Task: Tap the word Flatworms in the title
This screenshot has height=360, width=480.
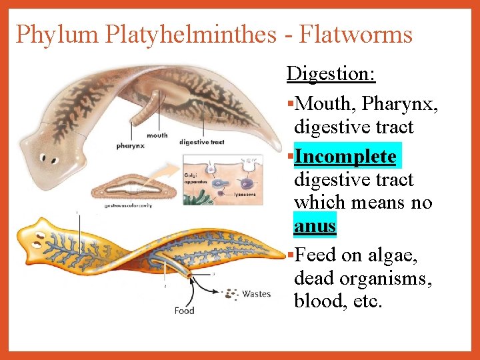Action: (x=356, y=34)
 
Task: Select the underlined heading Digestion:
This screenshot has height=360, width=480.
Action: (x=331, y=73)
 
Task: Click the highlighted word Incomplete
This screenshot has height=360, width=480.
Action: (x=345, y=157)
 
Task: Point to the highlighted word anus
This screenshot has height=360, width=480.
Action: (x=315, y=226)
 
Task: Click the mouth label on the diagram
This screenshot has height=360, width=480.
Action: (x=157, y=135)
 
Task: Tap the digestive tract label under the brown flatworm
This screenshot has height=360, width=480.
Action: (x=202, y=142)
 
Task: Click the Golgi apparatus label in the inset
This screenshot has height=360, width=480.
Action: (x=193, y=177)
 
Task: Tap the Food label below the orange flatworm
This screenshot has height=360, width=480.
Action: (x=184, y=311)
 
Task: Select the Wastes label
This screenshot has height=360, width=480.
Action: (x=256, y=294)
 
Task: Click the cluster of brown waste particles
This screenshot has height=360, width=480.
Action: (x=231, y=293)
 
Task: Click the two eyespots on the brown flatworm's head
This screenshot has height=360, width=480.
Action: (x=48, y=159)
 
